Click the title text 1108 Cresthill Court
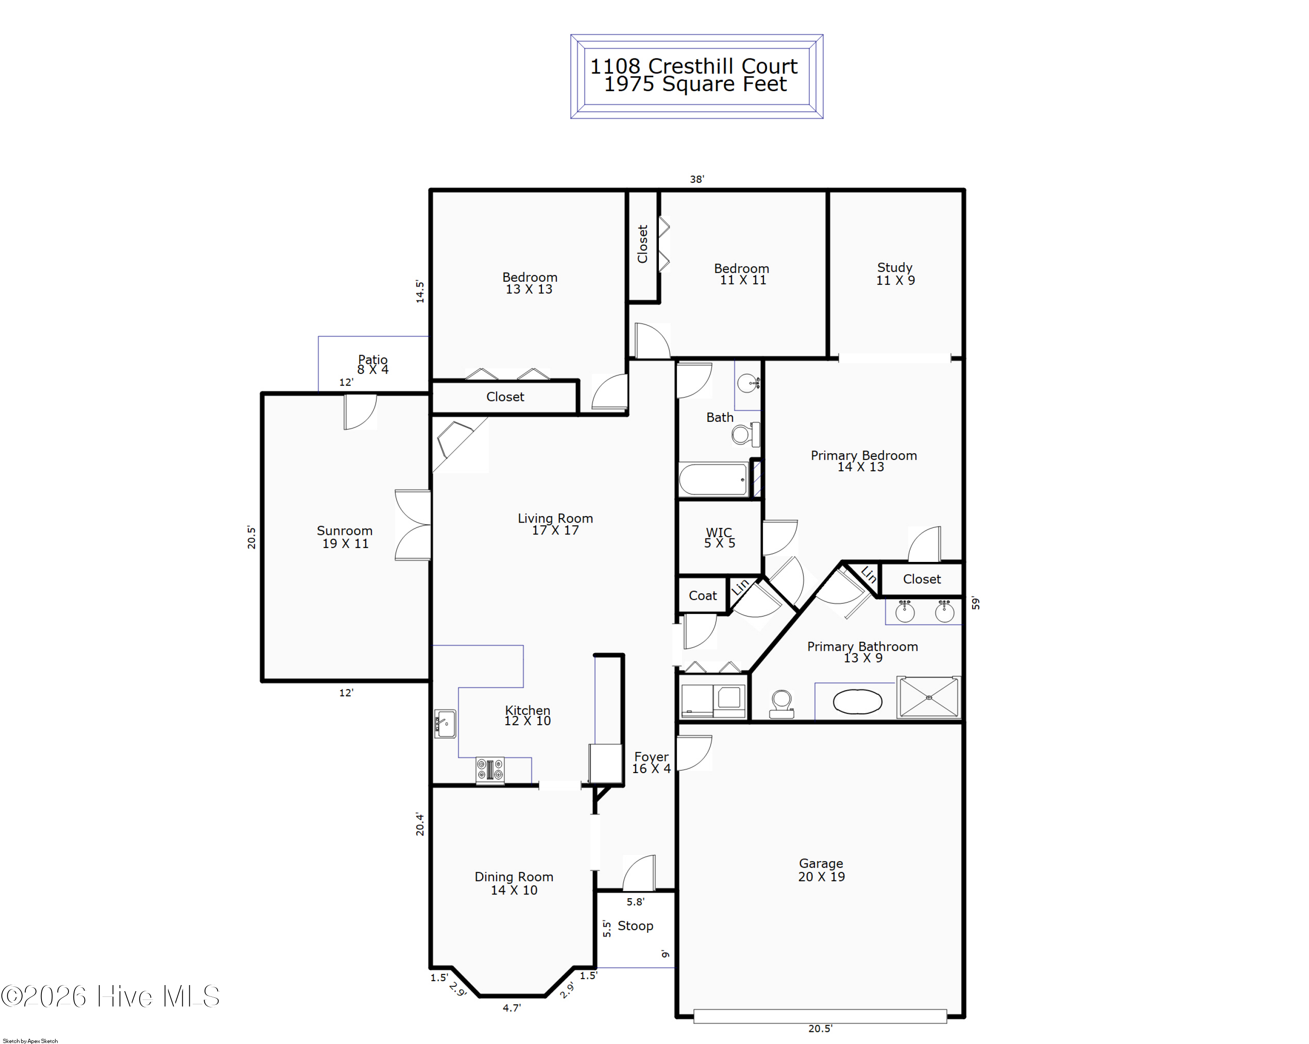pyautogui.click(x=694, y=65)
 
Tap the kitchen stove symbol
pyautogui.click(x=490, y=770)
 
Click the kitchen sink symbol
pyautogui.click(x=445, y=723)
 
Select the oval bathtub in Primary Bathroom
pyautogui.click(x=857, y=702)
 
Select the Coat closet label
pyautogui.click(x=702, y=596)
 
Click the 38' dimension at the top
pyautogui.click(x=696, y=179)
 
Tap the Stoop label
pyautogui.click(x=635, y=926)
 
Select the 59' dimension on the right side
pyautogui.click(x=975, y=603)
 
